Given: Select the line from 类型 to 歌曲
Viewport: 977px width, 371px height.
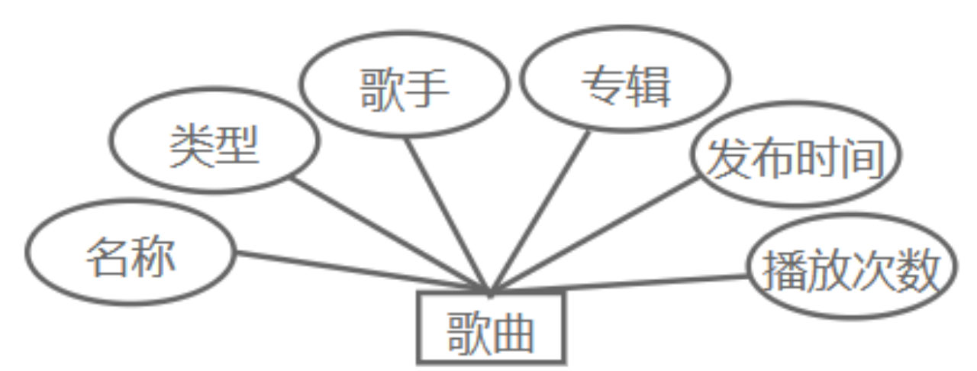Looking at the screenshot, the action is click(x=389, y=235).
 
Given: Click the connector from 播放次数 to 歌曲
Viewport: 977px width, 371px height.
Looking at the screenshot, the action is click(x=618, y=284).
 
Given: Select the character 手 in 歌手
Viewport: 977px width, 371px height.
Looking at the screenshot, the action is click(x=427, y=89).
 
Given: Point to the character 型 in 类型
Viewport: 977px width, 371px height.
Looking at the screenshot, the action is click(x=237, y=144).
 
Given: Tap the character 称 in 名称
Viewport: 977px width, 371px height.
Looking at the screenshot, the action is click(x=153, y=256).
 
